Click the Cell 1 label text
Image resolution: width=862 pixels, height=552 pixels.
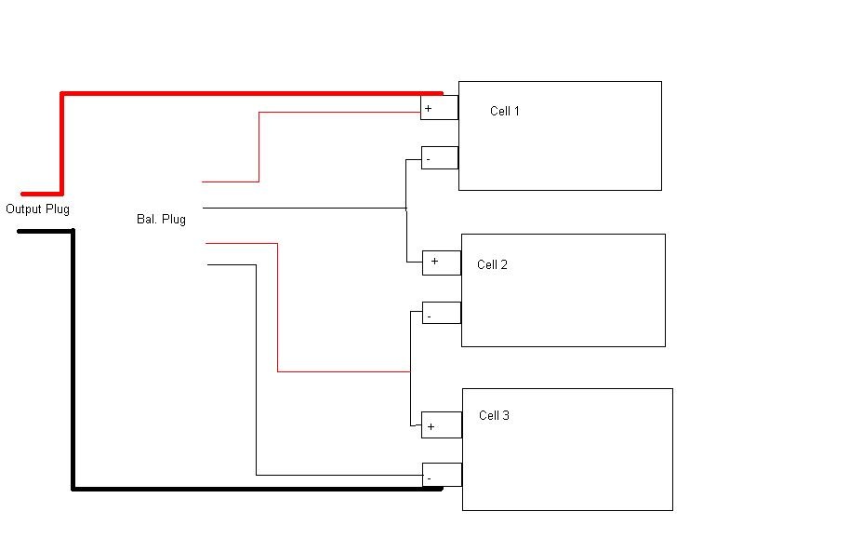pos(505,112)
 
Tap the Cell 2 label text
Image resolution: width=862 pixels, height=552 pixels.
pos(492,264)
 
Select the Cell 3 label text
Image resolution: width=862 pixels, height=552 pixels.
pos(494,415)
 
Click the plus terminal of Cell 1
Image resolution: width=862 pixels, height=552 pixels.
pos(439,108)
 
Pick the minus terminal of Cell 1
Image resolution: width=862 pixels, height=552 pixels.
pos(440,158)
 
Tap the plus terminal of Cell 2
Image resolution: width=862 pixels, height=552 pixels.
pos(442,263)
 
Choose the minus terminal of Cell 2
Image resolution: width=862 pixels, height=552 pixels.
pos(442,313)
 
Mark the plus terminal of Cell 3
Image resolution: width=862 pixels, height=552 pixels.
pos(442,425)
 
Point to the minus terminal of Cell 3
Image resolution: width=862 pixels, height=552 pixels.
pos(442,476)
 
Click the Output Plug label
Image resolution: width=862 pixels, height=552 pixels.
pos(37,209)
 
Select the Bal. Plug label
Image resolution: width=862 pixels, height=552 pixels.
pos(161,220)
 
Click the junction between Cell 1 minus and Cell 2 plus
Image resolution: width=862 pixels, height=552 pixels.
pos(406,208)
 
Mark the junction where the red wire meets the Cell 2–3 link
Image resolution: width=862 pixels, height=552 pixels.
pos(410,371)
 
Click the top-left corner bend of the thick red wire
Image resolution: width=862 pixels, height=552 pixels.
pos(62,94)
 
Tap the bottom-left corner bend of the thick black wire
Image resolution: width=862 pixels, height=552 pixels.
pos(73,487)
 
